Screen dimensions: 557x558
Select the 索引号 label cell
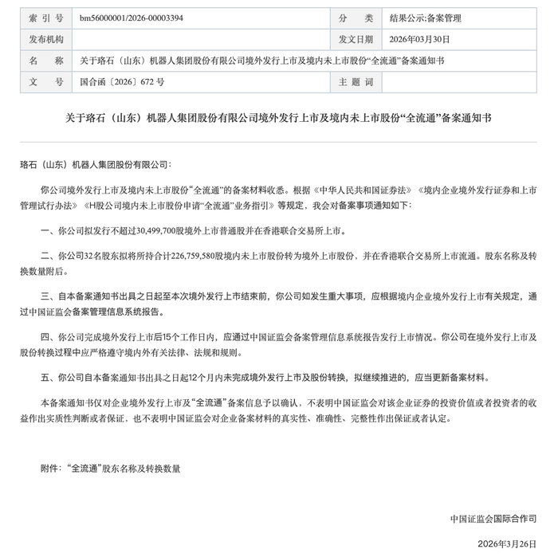45,17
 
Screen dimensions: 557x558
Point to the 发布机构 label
45,38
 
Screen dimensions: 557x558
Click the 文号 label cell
45,81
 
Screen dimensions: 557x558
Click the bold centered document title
278,117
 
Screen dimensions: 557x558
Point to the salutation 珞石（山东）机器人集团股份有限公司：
94,164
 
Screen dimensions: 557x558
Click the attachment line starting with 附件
110,469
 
